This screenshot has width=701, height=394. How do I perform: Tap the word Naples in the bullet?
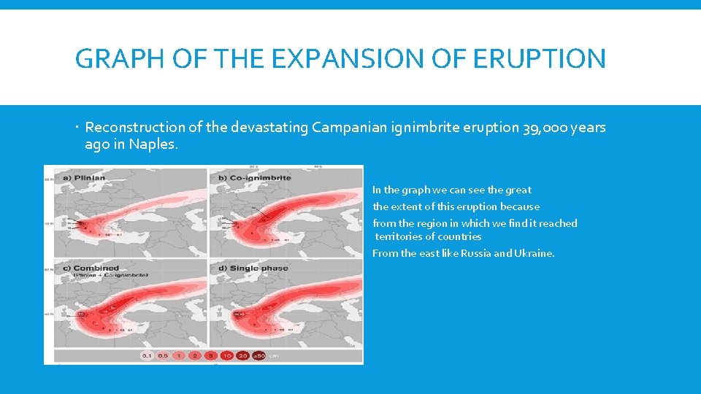[151, 144]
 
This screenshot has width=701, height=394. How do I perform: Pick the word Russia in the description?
[478, 253]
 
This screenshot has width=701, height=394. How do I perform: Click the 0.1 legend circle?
[147, 355]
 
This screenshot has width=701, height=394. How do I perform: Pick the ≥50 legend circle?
[258, 355]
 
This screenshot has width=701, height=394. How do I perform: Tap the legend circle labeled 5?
[210, 355]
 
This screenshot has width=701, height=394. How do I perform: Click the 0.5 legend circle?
[164, 355]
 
